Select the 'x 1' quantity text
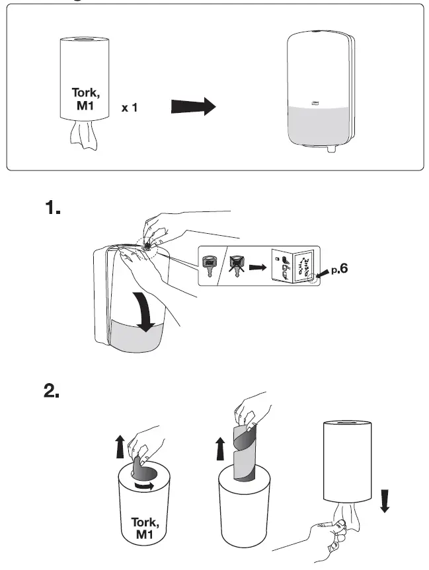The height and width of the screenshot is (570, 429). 130,107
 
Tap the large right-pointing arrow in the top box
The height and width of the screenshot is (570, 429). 193,106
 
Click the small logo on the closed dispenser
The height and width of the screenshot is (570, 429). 315,101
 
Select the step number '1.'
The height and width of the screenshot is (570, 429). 53,209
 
